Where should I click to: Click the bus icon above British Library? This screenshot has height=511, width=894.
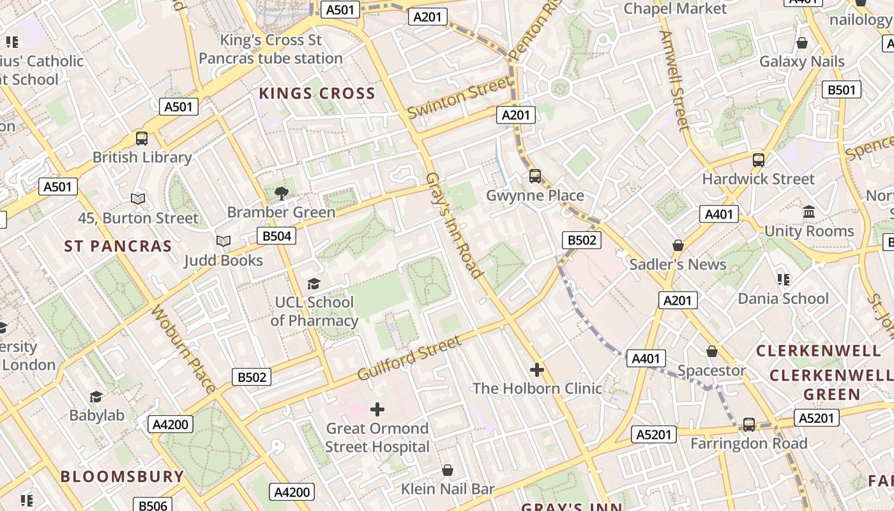[x=142, y=138]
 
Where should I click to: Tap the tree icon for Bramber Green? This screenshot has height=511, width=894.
[x=281, y=193]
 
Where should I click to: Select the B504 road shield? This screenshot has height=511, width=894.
[x=277, y=236]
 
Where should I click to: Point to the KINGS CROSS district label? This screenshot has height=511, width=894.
[x=317, y=94]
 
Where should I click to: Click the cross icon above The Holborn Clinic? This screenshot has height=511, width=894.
[x=537, y=369]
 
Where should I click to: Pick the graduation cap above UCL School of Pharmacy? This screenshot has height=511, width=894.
[x=314, y=283]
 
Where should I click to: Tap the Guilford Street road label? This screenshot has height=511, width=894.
[x=409, y=358]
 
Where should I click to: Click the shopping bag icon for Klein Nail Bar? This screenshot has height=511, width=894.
[x=448, y=470]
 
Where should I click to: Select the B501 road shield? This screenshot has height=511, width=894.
[x=841, y=90]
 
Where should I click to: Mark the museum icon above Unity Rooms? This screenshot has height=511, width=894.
[x=809, y=211]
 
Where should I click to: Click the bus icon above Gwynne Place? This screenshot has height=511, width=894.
[x=535, y=176]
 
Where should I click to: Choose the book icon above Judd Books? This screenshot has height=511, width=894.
[x=223, y=241]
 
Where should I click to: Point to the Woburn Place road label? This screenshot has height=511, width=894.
[x=183, y=349]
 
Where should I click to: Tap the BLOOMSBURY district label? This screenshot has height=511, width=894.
[x=122, y=477]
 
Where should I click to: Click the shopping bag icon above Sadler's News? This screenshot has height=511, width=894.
[x=678, y=245]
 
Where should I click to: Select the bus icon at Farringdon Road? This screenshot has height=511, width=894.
[x=748, y=424]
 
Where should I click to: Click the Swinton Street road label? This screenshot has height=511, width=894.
[x=459, y=97]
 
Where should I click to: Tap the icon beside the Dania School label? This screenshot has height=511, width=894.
[x=783, y=279]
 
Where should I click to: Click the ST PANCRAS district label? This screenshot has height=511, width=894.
[x=118, y=247]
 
